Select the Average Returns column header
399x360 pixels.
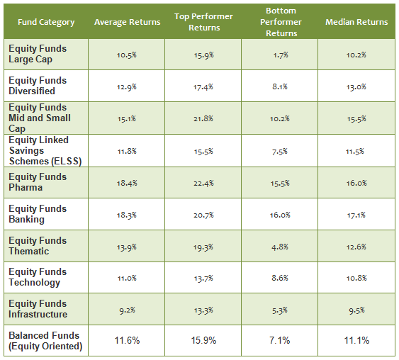(128, 22)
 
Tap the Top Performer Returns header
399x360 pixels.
(203, 22)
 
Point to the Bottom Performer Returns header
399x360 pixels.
(280, 22)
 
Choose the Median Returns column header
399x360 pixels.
(356, 22)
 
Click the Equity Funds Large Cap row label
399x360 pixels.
(38, 54)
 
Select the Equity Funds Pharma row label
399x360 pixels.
(38, 182)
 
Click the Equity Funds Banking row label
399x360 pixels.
(38, 214)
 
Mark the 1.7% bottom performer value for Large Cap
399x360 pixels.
(280, 55)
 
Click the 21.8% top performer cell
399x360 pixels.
(203, 118)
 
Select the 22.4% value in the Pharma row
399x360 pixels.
(203, 183)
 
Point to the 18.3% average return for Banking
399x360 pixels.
(128, 214)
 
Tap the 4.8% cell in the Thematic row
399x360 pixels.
(280, 246)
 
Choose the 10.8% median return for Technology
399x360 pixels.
(356, 278)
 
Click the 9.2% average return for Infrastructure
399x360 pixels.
(128, 309)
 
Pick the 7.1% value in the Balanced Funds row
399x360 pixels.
(280, 341)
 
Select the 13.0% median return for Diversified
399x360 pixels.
(356, 86)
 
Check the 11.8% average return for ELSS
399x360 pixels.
(128, 151)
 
